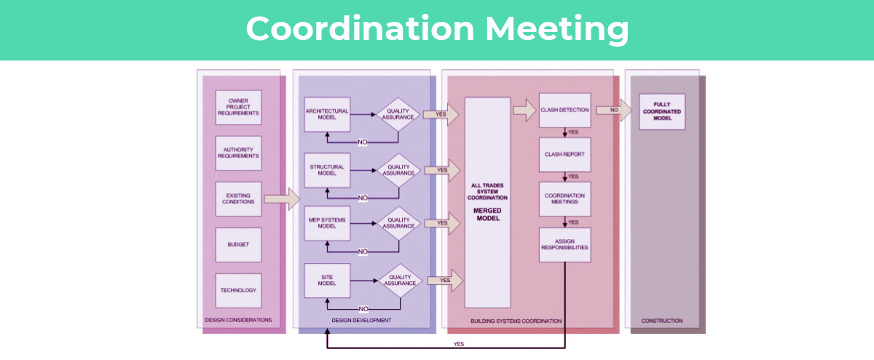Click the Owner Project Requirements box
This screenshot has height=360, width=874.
[x=238, y=106]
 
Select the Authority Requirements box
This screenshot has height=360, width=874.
[x=238, y=153]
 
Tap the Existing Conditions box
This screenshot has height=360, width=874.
[x=238, y=198]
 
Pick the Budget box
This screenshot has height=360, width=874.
[x=238, y=245]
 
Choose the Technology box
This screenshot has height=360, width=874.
[x=238, y=290]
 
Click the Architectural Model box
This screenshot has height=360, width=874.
[x=327, y=114]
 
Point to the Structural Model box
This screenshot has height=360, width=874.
[x=327, y=170]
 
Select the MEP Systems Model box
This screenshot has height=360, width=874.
[x=327, y=223]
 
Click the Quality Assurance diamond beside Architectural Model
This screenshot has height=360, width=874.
[x=398, y=114]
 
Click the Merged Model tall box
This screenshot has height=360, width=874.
[x=488, y=202]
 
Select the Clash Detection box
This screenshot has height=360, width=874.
[x=564, y=111]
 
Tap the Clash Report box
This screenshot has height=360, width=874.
[x=564, y=154]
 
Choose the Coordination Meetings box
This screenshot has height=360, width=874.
[x=564, y=199]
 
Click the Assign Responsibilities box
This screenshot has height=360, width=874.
[x=564, y=244]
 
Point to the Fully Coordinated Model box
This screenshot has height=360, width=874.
[x=662, y=111]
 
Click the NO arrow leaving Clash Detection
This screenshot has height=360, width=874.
[x=614, y=110]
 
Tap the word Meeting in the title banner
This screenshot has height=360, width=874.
[x=557, y=29]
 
